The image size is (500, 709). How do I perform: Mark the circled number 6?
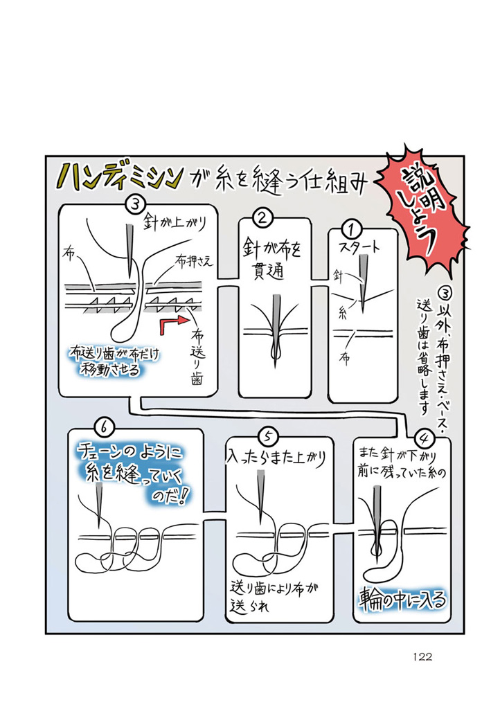102,427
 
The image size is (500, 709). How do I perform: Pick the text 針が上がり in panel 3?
177,223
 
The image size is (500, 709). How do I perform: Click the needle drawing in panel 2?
277,329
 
